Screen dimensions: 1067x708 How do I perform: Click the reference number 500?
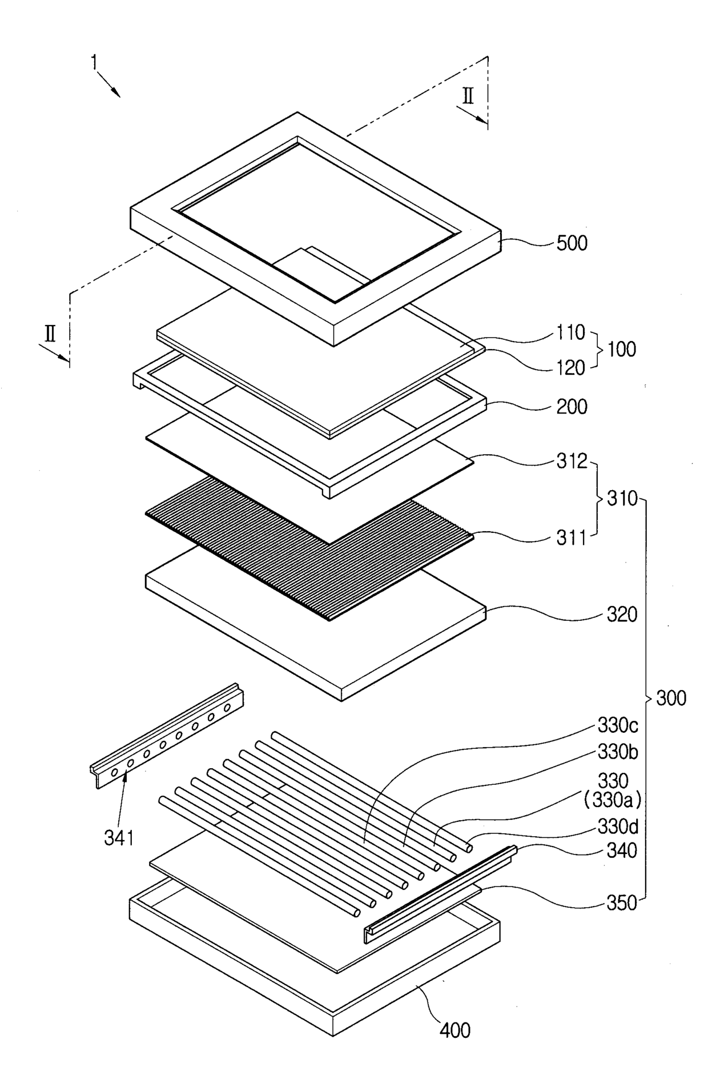pos(572,243)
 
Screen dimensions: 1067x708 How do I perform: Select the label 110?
pos(571,332)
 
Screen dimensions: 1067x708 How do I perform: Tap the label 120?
pos(571,368)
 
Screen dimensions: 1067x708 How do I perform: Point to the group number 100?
pos(621,350)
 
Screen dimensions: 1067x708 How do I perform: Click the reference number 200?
pos(572,407)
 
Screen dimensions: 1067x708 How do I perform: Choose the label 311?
pos(572,537)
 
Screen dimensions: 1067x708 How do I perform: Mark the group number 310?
pos(621,499)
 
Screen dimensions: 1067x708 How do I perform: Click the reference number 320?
pos(621,615)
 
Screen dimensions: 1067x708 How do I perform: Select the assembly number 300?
pos(671,698)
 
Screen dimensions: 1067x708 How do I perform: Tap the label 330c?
pos(618,725)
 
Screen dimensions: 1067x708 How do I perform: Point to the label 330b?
pos(618,752)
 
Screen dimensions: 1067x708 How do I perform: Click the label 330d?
pos(618,827)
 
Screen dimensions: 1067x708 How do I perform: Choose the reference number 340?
pos(621,851)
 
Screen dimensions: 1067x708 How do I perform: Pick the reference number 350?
pos(621,903)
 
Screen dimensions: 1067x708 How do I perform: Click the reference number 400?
pos(455,1030)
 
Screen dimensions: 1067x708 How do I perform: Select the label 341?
pos(119,838)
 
